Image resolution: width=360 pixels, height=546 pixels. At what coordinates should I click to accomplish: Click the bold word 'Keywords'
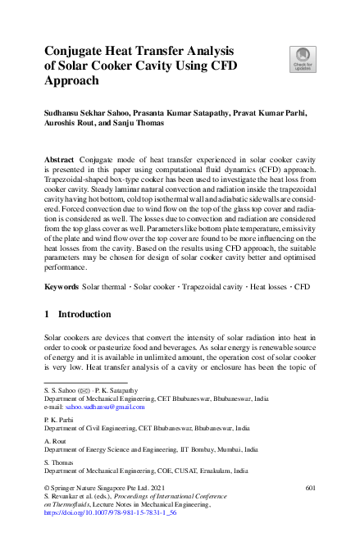click(62, 289)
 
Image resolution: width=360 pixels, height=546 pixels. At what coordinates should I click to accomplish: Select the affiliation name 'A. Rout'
click(56, 440)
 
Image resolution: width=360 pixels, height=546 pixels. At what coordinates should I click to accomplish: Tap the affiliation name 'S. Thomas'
click(59, 462)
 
